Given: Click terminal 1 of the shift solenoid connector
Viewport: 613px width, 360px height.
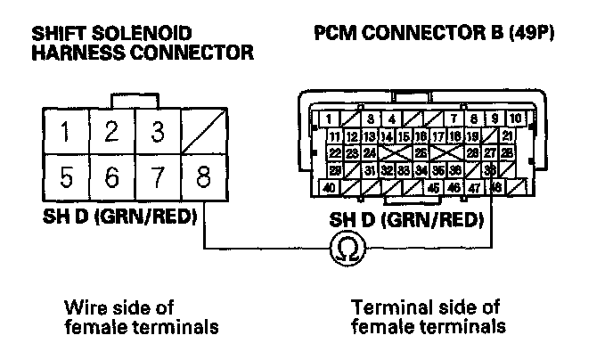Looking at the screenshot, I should (x=65, y=132).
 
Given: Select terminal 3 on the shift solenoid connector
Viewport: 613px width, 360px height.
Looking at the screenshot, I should (x=158, y=132).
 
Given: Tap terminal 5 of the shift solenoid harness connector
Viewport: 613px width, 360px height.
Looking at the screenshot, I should (x=65, y=178).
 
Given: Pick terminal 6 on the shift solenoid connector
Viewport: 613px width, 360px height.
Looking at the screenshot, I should (x=111, y=178).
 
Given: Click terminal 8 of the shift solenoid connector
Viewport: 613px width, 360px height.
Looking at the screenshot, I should (x=203, y=178).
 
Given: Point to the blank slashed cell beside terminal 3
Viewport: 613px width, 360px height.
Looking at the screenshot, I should (x=203, y=132).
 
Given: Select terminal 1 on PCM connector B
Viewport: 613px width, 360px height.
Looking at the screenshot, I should (x=328, y=119).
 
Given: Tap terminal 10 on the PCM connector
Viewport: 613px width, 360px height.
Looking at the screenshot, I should (x=515, y=119).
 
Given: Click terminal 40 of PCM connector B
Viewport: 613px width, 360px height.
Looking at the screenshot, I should (x=329, y=188).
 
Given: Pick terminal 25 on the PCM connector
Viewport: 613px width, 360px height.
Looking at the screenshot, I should (x=421, y=153).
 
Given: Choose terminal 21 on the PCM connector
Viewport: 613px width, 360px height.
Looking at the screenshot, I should (x=506, y=136).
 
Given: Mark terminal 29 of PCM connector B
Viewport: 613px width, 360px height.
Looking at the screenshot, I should (x=335, y=170).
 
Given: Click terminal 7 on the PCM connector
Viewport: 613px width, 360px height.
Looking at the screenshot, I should (x=455, y=119).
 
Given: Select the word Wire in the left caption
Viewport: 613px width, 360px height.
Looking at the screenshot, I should (x=83, y=308).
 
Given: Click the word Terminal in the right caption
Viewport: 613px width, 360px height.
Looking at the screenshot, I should (x=387, y=308).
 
